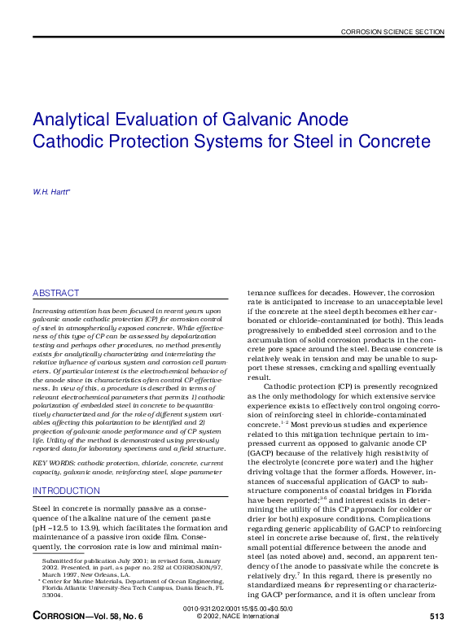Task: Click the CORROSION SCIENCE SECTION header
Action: [x=392, y=32]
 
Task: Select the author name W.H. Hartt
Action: [x=50, y=192]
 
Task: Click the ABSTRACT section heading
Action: [x=56, y=293]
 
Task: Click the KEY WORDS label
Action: [x=50, y=463]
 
